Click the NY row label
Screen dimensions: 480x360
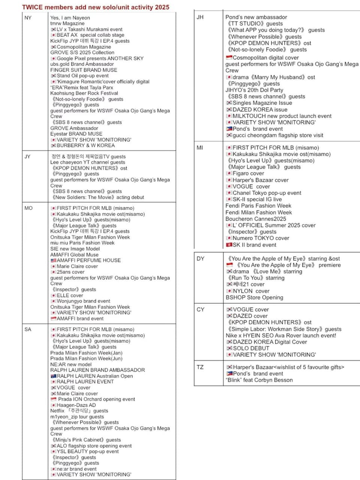coord(28,18)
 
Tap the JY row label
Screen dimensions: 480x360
coord(27,156)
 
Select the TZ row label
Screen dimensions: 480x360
coord(200,367)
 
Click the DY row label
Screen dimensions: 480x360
coord(201,258)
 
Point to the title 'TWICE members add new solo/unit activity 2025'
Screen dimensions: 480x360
coord(96,7)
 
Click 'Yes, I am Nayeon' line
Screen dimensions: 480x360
coord(70,18)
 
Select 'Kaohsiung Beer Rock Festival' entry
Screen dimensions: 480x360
coord(84,93)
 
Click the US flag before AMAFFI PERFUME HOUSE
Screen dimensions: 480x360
coord(53,260)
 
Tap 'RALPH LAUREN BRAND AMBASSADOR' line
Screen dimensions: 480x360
coord(97,370)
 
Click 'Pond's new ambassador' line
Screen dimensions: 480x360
coord(256,17)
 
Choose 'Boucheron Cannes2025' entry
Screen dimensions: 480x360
coord(256,219)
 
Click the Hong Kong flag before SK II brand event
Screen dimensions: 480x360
coord(229,245)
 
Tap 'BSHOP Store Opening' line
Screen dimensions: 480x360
coord(254,297)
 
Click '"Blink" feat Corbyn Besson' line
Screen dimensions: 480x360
coord(259,380)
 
